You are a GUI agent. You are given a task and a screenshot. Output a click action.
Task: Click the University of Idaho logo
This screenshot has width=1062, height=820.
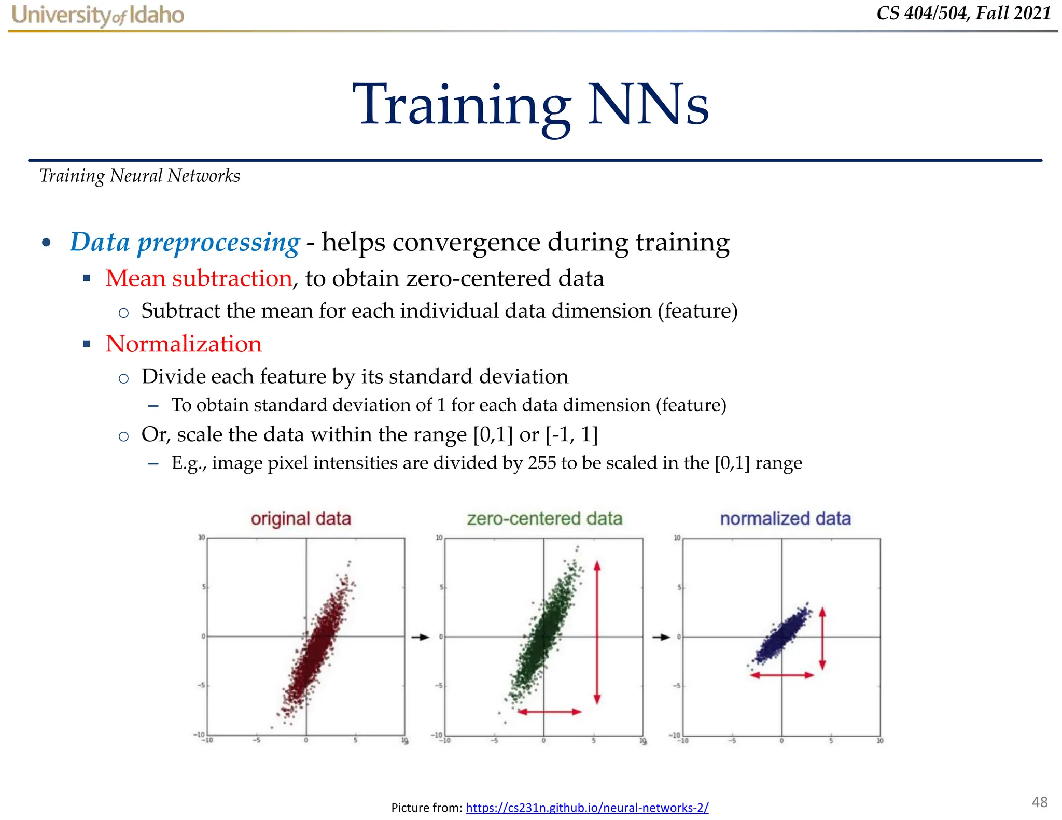click(98, 15)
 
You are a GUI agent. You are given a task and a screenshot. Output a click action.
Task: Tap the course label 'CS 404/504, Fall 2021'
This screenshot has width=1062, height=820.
click(963, 13)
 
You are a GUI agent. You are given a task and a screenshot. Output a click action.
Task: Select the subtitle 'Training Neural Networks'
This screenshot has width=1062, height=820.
click(139, 176)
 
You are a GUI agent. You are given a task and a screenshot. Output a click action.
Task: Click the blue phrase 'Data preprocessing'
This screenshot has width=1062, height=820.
click(185, 242)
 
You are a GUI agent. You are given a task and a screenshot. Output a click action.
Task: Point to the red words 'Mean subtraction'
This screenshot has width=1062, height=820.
click(199, 278)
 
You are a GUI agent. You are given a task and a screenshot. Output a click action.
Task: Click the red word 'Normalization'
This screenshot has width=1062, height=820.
click(184, 344)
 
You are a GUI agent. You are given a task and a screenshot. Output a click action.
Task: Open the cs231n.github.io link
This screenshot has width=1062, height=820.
click(587, 807)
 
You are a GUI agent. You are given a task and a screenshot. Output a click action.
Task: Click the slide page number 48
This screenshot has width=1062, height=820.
click(1039, 802)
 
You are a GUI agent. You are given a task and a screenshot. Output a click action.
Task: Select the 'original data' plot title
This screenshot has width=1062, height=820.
click(301, 518)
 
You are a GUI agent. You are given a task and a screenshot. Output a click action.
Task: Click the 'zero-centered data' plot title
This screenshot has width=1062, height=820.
click(544, 518)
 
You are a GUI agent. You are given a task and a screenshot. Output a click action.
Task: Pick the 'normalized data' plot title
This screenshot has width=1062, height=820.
click(785, 518)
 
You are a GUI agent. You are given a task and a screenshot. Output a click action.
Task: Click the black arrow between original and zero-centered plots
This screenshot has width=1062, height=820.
click(421, 637)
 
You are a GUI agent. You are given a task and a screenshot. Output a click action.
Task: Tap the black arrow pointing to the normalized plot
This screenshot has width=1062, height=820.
click(661, 637)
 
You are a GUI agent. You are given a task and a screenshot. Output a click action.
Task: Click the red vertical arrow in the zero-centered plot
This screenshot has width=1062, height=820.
click(597, 632)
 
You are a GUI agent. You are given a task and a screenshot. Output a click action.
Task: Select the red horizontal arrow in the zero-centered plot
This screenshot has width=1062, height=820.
click(550, 712)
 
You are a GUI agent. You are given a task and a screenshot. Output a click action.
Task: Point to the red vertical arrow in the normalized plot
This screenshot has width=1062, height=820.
click(822, 639)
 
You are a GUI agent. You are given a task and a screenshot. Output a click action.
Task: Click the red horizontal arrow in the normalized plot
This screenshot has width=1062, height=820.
click(782, 675)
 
